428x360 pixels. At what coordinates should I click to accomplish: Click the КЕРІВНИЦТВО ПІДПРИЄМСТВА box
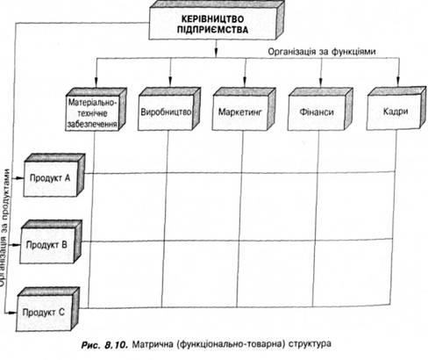tap(217, 20)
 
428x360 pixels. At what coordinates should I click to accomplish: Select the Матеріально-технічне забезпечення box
tap(96, 110)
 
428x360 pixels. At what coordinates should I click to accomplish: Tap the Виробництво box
tap(169, 109)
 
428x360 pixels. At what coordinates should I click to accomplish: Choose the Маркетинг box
tap(244, 109)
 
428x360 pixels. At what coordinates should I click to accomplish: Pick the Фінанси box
tap(320, 109)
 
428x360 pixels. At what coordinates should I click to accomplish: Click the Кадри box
tap(396, 108)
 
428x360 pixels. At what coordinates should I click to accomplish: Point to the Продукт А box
tap(54, 175)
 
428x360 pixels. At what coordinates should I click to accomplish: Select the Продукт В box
tap(51, 242)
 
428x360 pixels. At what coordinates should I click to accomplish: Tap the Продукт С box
tap(47, 309)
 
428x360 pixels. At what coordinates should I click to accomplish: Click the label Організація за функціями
tap(322, 52)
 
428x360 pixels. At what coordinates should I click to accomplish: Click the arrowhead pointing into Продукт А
tap(20, 178)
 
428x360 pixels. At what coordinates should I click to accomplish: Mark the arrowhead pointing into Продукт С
tap(12, 313)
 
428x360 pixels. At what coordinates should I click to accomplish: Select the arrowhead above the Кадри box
tap(398, 83)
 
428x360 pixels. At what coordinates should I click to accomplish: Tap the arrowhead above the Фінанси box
tap(321, 83)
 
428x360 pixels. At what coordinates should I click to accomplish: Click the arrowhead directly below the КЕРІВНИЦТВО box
tap(216, 53)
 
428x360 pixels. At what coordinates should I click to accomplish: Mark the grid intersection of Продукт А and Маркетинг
tap(242, 173)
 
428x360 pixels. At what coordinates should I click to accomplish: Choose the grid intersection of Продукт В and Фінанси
tap(315, 241)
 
